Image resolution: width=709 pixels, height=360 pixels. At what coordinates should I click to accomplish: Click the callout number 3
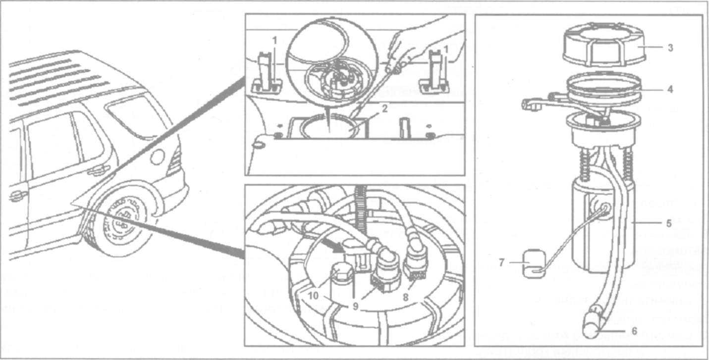point(670,48)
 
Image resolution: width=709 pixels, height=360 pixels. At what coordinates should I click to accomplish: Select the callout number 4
point(670,89)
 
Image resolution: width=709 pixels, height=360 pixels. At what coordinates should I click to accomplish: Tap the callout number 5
point(669,223)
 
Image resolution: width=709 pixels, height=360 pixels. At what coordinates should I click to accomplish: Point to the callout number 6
point(634,331)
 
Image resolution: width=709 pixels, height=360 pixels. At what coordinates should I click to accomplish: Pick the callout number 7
point(501,262)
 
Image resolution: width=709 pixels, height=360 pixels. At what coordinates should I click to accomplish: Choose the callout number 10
point(313,296)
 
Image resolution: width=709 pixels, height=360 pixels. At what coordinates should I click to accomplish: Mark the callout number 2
point(384,108)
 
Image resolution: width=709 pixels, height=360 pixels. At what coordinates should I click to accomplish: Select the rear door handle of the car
point(98,171)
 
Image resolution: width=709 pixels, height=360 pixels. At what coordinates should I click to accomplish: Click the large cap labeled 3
point(604,45)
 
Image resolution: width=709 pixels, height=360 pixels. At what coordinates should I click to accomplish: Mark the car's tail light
point(175,161)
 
